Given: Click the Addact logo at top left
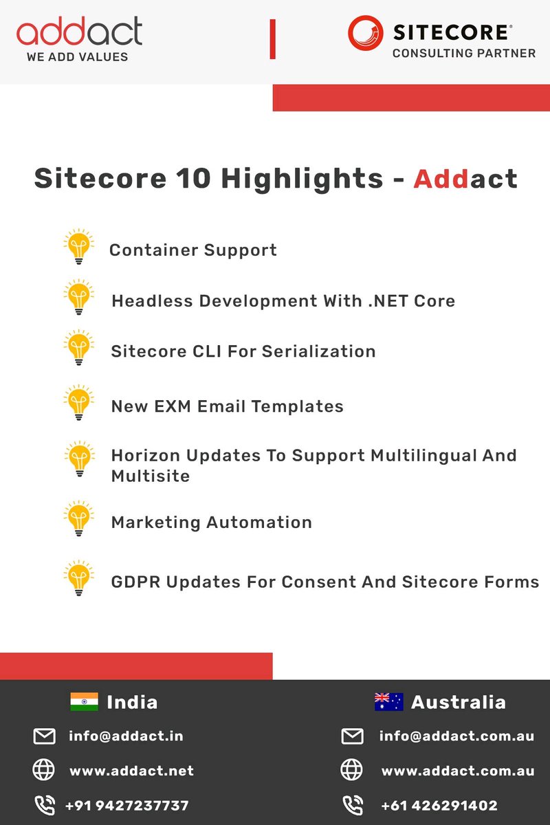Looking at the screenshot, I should (x=79, y=32).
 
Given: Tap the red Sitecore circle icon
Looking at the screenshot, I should (x=365, y=33).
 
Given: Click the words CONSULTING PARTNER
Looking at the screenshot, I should (x=463, y=53).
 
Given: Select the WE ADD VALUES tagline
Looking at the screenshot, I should (x=77, y=57).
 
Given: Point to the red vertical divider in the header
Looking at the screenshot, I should (x=273, y=39).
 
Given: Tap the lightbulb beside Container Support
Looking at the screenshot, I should (x=79, y=247).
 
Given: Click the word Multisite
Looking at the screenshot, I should (x=151, y=476).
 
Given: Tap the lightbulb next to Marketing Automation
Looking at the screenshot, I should (x=79, y=520).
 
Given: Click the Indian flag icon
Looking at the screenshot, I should (x=84, y=702).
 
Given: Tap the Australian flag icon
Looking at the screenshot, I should (x=388, y=702).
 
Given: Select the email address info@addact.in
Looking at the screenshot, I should (x=126, y=736).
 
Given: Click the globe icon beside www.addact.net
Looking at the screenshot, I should (x=44, y=771).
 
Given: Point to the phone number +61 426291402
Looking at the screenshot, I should (x=439, y=806).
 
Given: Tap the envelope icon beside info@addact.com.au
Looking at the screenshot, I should (x=352, y=736).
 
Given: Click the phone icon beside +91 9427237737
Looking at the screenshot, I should (x=44, y=805).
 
